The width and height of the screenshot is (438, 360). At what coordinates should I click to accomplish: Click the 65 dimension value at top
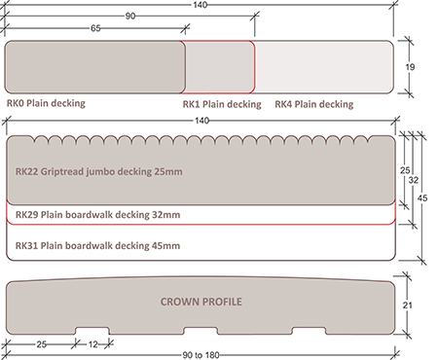coord(95,28)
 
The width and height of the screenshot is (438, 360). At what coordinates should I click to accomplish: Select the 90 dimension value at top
coord(130,16)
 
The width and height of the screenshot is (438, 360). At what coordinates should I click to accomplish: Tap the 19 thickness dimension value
coord(410,67)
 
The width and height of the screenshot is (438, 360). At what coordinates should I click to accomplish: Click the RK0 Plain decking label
coord(46,103)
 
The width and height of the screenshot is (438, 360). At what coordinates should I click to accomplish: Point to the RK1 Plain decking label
coord(222,104)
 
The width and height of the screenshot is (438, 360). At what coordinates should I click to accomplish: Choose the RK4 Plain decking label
coord(314,104)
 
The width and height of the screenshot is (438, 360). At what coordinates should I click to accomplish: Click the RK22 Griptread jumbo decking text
coord(99,171)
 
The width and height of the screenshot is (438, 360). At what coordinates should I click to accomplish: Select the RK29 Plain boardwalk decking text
coord(98,215)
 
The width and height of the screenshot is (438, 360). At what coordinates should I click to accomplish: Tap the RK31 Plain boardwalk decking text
coord(97,246)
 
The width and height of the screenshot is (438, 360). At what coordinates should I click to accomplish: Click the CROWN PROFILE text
coord(201,302)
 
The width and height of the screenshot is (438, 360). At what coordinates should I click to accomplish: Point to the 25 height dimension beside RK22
coord(405,170)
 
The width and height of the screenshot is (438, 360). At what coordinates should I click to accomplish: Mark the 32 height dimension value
coord(414,180)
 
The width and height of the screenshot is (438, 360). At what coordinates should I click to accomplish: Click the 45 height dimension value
coord(422,198)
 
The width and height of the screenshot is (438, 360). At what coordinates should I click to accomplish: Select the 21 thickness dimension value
coord(408,306)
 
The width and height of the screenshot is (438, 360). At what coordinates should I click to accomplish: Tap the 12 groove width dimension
coord(92,344)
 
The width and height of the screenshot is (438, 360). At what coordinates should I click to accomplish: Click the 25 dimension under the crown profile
coord(41,344)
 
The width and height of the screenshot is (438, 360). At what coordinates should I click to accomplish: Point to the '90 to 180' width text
coord(201,355)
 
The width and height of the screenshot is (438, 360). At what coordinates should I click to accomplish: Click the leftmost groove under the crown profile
coord(92,331)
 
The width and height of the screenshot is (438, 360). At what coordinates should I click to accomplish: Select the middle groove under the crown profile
coord(201,331)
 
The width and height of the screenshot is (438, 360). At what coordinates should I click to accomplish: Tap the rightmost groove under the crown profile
coord(309,331)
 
